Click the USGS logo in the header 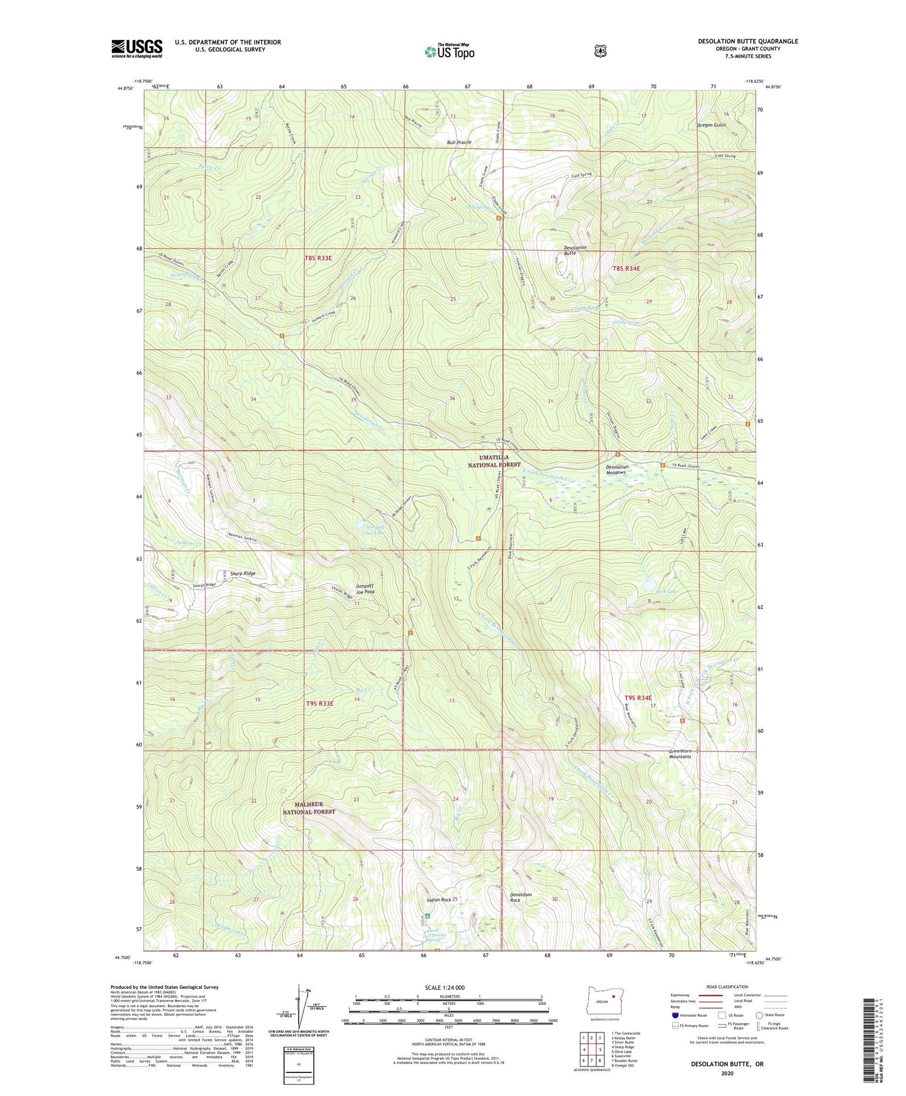click(137, 48)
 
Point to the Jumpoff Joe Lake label click(374, 530)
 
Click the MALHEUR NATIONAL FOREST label click(309, 808)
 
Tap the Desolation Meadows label click(617, 470)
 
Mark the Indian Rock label click(439, 900)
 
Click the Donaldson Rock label click(521, 897)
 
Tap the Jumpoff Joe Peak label click(365, 589)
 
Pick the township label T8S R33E click(318, 258)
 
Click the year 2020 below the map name click(727, 1074)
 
